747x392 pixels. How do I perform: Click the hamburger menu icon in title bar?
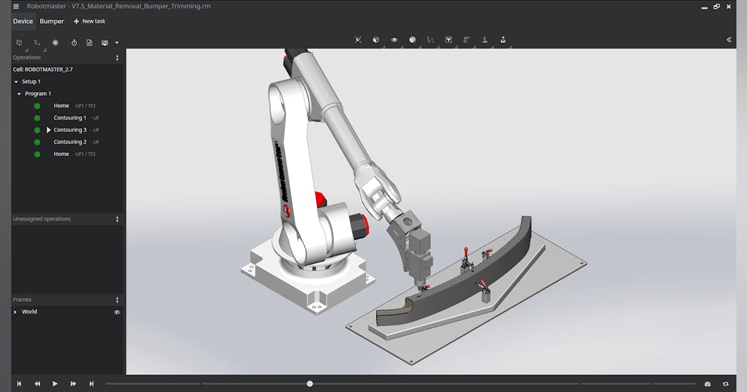coord(16,6)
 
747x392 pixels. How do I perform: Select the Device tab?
coord(23,21)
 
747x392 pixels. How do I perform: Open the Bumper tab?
coord(52,21)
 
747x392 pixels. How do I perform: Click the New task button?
coord(90,21)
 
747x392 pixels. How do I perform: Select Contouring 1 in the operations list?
coord(70,118)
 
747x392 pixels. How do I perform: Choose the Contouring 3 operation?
coord(70,130)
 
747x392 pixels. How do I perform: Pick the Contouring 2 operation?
coord(70,142)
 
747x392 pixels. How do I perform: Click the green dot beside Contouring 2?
coord(37,142)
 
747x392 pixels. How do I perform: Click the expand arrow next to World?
coord(16,312)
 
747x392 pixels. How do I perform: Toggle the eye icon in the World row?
coord(117,312)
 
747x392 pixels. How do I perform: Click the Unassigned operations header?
coord(42,219)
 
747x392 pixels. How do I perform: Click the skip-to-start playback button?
coord(19,384)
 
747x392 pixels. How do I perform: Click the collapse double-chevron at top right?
coord(729,40)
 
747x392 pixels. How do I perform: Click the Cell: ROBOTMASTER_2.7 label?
coord(43,70)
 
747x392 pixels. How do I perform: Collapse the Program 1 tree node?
coord(19,94)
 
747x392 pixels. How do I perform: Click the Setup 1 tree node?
coord(31,82)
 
